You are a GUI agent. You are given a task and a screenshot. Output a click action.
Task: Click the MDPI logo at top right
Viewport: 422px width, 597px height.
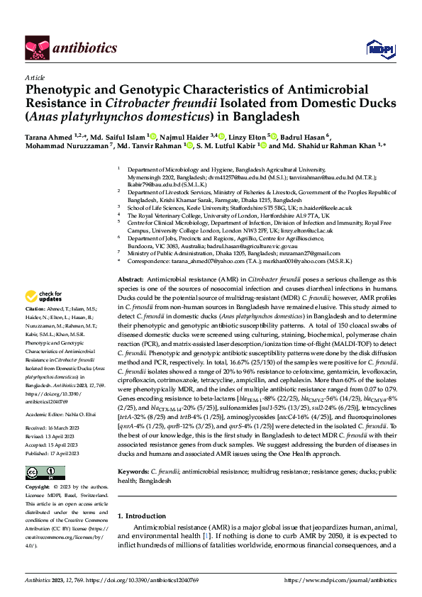[377, 48]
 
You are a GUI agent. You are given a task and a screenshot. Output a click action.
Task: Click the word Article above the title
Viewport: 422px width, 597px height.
[35, 77]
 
